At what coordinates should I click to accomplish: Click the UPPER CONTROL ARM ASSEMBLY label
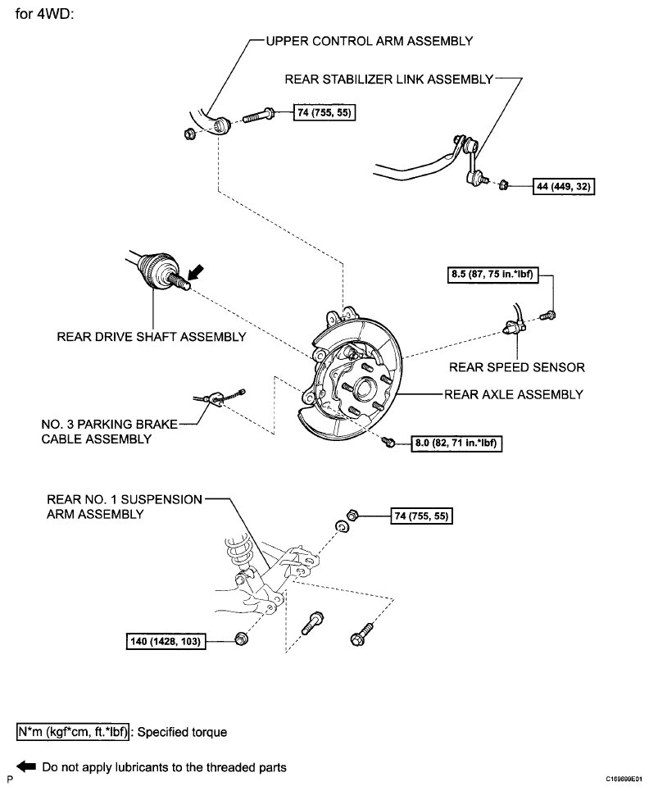(x=369, y=41)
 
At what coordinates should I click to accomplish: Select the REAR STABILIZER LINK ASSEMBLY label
(x=388, y=80)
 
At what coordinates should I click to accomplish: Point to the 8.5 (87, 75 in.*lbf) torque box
(x=492, y=275)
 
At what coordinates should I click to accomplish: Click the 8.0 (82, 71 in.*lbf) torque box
(x=456, y=443)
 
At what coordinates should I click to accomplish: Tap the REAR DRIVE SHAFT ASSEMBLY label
(x=152, y=336)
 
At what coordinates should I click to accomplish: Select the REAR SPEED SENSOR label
(x=517, y=367)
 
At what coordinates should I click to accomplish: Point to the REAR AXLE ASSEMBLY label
(x=513, y=394)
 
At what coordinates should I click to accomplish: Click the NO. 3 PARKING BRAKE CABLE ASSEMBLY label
(x=110, y=431)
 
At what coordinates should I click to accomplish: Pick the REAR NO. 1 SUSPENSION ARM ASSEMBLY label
(x=124, y=507)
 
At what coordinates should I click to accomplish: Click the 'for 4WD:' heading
(x=45, y=14)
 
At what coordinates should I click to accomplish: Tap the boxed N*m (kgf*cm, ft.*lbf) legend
(x=73, y=731)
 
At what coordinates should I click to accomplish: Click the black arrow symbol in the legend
(x=26, y=766)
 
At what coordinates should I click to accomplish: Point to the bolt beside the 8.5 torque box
(x=547, y=316)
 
